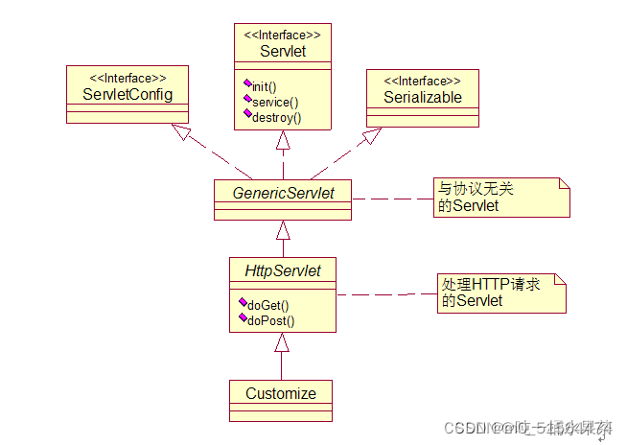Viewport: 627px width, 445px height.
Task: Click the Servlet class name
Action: click(x=283, y=51)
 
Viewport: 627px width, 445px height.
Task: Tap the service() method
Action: click(x=275, y=102)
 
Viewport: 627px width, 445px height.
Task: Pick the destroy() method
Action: click(x=276, y=117)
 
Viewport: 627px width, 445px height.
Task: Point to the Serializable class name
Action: click(x=423, y=97)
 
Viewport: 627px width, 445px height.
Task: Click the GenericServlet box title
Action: click(x=283, y=193)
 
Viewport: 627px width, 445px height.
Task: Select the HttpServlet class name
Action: click(x=283, y=271)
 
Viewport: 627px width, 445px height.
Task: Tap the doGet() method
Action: click(x=268, y=305)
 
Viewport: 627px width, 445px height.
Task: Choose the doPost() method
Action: click(x=270, y=320)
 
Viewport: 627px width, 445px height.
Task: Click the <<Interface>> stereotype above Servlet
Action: click(x=283, y=35)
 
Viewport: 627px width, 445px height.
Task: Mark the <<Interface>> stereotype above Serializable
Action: click(x=423, y=81)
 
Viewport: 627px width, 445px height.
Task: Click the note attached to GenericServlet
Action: click(x=499, y=197)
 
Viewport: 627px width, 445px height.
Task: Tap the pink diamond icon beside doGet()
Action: click(x=244, y=303)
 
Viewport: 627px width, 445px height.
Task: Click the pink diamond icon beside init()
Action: click(x=247, y=83)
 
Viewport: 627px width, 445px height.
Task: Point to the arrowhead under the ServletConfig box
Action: click(x=181, y=133)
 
